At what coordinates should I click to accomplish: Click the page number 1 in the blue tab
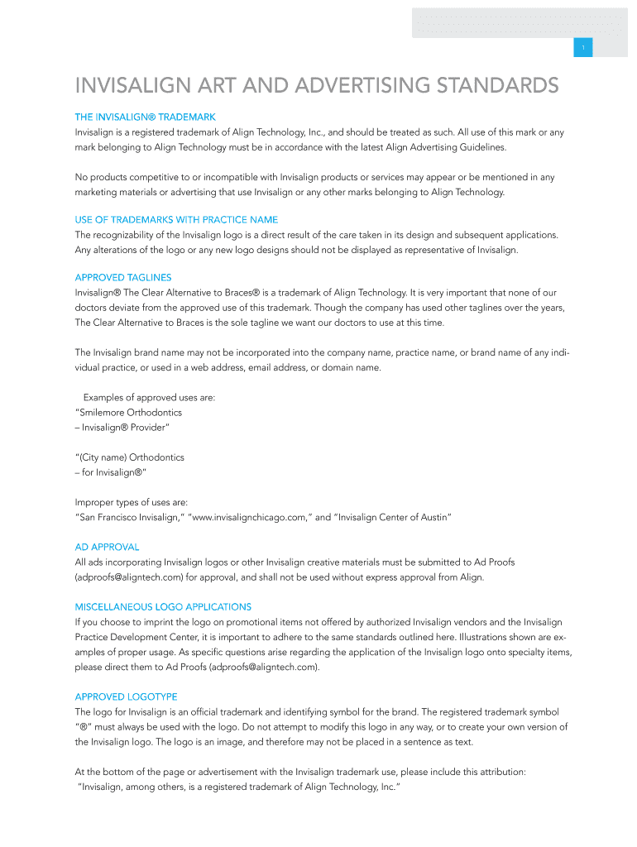[x=583, y=48]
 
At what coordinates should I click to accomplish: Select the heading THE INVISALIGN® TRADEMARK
[x=145, y=117]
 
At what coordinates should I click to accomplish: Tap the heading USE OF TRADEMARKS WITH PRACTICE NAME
[x=176, y=219]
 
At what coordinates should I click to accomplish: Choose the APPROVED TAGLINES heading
[x=123, y=277]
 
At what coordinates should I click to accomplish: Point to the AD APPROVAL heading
[x=107, y=547]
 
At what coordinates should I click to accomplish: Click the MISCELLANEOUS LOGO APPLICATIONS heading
[x=163, y=606]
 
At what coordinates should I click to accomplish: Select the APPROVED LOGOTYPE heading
[x=126, y=696]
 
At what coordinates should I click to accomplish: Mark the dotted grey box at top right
[x=519, y=22]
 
